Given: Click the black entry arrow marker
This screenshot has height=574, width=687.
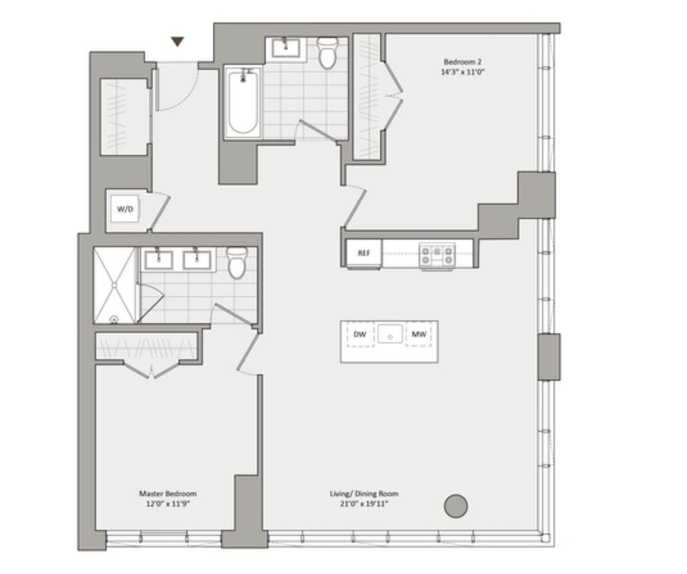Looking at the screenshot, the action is tap(177, 42).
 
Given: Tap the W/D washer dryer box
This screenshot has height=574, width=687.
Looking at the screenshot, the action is tap(125, 209).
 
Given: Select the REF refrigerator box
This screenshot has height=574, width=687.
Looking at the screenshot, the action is tap(363, 253).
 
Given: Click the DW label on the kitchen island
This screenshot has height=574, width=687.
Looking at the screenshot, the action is tap(360, 335).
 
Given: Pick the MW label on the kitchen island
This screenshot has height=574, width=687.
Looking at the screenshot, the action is tap(419, 335).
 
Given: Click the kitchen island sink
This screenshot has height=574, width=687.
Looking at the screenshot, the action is tap(390, 334).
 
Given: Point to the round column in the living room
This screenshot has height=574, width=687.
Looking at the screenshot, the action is tap(456, 506).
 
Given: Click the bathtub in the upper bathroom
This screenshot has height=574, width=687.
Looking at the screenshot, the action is tap(243, 102).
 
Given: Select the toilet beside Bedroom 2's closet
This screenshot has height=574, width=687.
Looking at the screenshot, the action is tap(327, 53).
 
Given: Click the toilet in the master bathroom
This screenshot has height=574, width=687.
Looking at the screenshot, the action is tap(237, 263).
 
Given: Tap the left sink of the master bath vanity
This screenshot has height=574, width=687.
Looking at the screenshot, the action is tap(159, 259).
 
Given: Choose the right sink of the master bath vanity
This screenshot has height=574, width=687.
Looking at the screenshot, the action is tap(196, 259).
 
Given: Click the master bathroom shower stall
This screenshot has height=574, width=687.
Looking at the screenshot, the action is tap(115, 285).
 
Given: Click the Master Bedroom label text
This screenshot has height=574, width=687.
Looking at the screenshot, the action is tap(168, 493).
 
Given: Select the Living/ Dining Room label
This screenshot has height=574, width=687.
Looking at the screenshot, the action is tap(364, 494).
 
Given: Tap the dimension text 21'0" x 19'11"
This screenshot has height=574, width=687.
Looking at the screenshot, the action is tap(364, 504).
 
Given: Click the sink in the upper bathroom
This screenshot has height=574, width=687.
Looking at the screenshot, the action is tap(286, 48).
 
